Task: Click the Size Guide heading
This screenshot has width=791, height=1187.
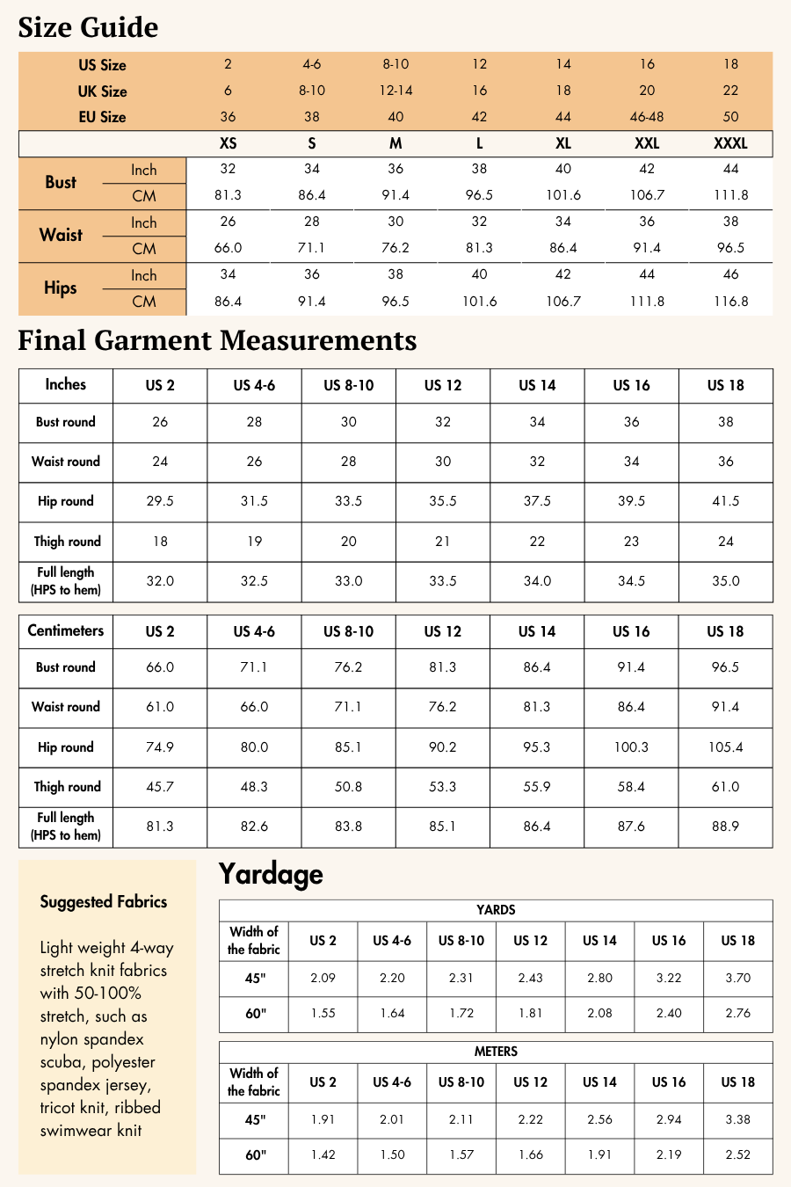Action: pos(88,27)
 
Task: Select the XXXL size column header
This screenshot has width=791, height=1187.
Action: pos(730,143)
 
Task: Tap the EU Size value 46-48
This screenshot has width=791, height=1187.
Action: pos(647,117)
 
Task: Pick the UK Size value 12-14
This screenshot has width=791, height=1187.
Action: pos(395,91)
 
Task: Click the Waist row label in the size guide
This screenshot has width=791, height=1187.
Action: pos(61,235)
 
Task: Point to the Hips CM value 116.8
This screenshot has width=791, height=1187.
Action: pos(730,301)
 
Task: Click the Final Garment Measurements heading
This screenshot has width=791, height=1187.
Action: pos(217,340)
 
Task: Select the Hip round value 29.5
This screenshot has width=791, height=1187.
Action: pos(160,501)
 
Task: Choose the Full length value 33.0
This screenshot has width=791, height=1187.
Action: pos(349,581)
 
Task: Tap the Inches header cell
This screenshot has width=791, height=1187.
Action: pos(66,384)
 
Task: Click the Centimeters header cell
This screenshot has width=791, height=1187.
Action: pos(66,630)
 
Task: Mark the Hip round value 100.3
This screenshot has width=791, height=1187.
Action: pos(631,747)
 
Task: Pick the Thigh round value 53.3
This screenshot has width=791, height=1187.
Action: pos(443,787)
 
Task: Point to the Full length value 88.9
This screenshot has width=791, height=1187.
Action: pos(725,827)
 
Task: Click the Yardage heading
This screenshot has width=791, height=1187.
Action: pos(271,874)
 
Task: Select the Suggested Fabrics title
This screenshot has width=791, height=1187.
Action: pos(103,901)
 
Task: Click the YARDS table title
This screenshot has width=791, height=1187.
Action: pos(496,910)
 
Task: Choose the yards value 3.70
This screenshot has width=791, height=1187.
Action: pos(737,978)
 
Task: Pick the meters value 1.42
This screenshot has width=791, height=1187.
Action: pos(323,1154)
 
